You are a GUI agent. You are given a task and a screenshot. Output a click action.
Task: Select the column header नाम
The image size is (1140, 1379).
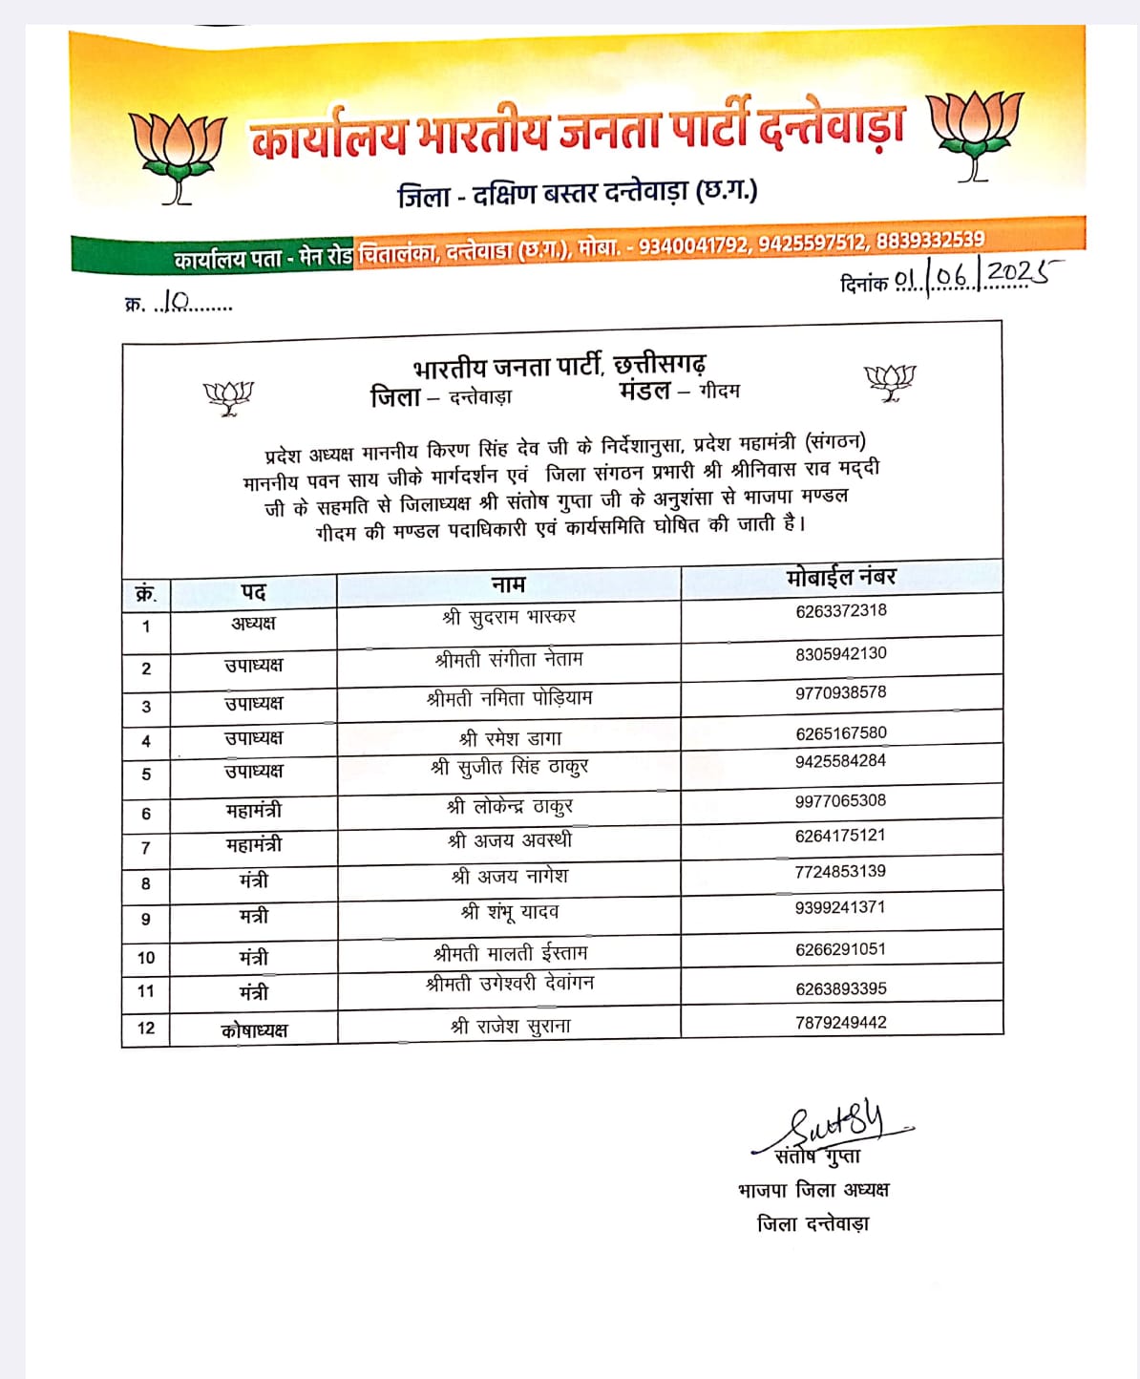pyautogui.click(x=508, y=584)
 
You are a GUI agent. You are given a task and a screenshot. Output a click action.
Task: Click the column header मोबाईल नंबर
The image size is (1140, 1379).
pyautogui.click(x=841, y=577)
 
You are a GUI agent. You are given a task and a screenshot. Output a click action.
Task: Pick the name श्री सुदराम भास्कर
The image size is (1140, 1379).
pyautogui.click(x=509, y=617)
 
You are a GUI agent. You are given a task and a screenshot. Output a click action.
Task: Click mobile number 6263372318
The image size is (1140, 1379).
pyautogui.click(x=841, y=611)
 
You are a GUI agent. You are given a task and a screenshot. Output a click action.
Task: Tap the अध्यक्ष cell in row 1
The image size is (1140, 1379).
pyautogui.click(x=253, y=624)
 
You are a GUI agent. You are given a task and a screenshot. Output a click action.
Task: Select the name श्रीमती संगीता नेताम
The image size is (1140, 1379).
pyautogui.click(x=509, y=659)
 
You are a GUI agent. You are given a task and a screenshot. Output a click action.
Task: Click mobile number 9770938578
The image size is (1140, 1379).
pyautogui.click(x=841, y=692)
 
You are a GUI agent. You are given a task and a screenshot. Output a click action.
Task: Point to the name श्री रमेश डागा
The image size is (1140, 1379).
pyautogui.click(x=510, y=738)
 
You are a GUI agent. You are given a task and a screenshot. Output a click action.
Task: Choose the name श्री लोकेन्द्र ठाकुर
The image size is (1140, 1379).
pyautogui.click(x=510, y=807)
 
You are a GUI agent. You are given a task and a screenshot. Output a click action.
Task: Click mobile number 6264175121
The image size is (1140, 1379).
pyautogui.click(x=840, y=836)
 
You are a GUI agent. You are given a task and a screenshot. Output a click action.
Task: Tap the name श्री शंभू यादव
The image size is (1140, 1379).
pyautogui.click(x=510, y=912)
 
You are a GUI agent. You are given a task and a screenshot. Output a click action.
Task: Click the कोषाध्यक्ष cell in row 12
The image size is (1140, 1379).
pyautogui.click(x=254, y=1030)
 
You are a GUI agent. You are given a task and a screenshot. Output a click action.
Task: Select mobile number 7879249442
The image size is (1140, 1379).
pyautogui.click(x=841, y=1023)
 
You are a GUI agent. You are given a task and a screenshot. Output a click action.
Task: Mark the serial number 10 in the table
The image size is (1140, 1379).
pyautogui.click(x=146, y=958)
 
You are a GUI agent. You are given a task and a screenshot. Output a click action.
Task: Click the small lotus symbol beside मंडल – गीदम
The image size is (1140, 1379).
pyautogui.click(x=889, y=382)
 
